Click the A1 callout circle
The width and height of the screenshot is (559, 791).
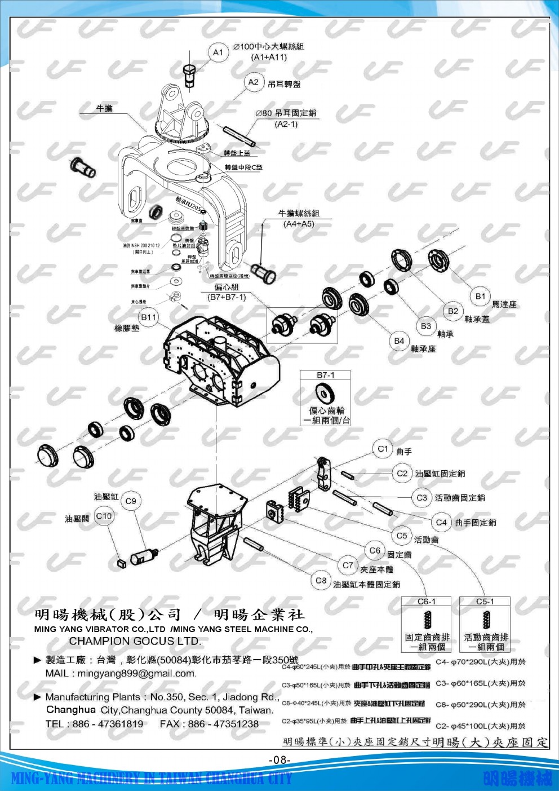218,52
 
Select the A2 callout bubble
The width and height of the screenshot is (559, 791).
254,82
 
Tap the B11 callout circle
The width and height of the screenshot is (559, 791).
149,317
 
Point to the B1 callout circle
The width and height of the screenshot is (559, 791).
480,296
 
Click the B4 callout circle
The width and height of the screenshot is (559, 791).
399,341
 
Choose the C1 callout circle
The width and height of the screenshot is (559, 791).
383,449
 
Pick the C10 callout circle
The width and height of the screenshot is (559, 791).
104,516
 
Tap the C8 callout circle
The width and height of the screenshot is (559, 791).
321,580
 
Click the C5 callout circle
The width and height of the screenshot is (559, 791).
402,536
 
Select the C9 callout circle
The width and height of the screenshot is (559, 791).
131,501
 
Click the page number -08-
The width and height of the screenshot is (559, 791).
279,760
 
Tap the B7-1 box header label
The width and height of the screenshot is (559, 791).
325,375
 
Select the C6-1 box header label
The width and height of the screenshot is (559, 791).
427,602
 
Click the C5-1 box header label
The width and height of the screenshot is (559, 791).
485,602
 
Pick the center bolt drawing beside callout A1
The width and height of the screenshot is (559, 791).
189,74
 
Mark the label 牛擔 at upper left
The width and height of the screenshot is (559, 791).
105,108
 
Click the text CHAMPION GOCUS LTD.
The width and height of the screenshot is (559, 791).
135,641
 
